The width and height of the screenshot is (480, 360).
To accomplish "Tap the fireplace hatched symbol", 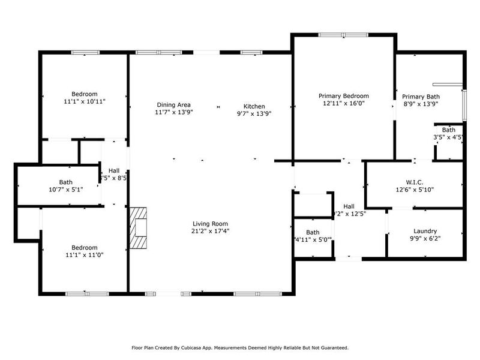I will click(138, 228).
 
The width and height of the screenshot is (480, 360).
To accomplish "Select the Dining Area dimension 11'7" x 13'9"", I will click(174, 112).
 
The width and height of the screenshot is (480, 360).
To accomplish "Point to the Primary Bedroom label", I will click(343, 95).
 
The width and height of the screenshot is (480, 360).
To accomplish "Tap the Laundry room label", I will click(425, 231).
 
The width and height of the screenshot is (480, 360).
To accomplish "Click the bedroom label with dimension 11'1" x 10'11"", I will click(85, 94).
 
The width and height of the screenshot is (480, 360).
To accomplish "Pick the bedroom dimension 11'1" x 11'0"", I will click(85, 254).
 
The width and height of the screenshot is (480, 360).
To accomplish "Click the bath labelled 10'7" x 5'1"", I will click(66, 182).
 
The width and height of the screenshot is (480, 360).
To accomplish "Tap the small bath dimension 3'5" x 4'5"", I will click(448, 137).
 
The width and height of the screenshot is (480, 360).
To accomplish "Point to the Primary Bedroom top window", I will click(344, 35).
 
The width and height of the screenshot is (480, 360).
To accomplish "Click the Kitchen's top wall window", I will click(250, 53).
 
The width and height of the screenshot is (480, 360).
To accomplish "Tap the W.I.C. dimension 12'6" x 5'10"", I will click(414, 190).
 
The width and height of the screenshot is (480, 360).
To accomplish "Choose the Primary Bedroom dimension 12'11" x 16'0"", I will click(343, 103).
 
